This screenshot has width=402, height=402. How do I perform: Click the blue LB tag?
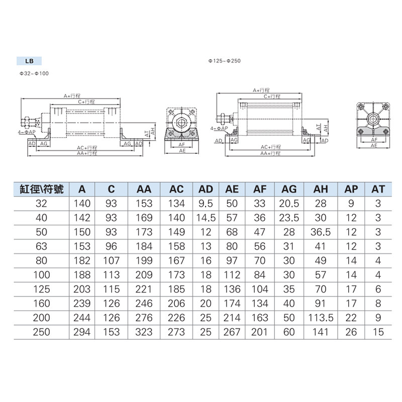[29, 61]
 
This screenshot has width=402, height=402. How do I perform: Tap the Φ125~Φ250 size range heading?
[224, 61]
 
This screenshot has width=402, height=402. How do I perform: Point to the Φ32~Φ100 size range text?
[34, 73]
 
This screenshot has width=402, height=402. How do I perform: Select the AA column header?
[144, 189]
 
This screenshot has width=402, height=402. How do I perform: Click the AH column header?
[321, 189]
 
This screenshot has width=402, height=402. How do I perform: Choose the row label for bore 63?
[41, 246]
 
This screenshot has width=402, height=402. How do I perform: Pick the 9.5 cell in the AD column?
[206, 204]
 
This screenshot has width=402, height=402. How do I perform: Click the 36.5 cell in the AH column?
[321, 232]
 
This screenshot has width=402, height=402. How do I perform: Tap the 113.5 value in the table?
[321, 318]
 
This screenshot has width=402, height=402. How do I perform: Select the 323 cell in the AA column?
[144, 332]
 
